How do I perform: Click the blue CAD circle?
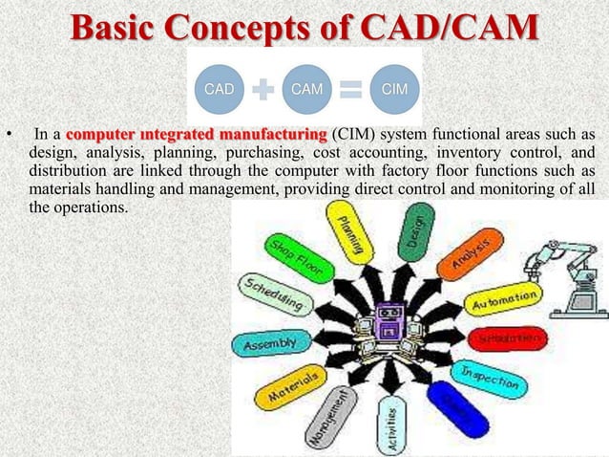point(219,89)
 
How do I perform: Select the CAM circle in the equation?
point(306,89)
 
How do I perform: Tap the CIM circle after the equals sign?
point(394,89)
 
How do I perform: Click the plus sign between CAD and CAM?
point(262,90)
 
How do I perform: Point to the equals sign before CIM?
point(350,90)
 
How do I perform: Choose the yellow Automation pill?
point(504,303)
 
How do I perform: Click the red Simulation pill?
point(507,339)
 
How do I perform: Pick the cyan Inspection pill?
point(490,376)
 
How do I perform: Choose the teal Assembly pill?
point(271,341)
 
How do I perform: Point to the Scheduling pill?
point(274,296)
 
